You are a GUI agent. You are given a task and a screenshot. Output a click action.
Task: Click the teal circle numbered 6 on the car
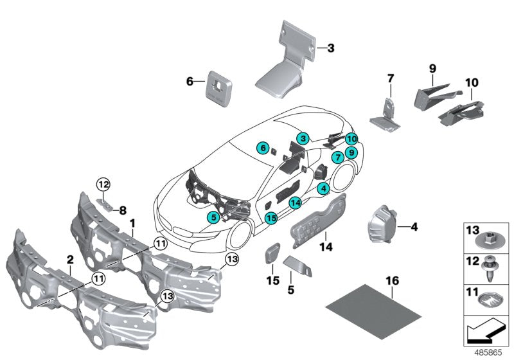tap(262, 148)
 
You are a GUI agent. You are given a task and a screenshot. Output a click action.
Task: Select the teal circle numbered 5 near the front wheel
tap(213, 217)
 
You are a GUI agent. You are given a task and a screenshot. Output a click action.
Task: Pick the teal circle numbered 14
tap(295, 203)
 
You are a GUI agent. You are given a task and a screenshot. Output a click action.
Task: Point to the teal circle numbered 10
tap(351, 139)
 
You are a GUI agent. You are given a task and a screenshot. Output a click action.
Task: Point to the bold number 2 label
tap(70, 259)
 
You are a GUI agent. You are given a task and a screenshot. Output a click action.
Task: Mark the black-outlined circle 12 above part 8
tap(104, 185)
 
